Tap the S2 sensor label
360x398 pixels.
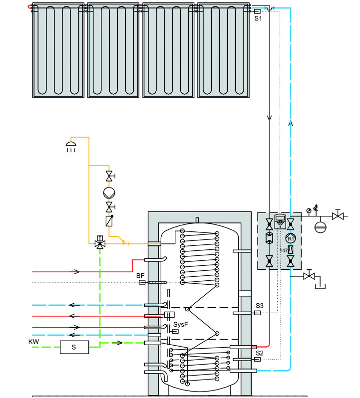tap(259, 352)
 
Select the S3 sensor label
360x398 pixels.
tap(259, 305)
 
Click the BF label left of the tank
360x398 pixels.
tap(140, 275)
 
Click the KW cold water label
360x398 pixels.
tap(33, 341)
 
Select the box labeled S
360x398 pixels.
tap(74, 347)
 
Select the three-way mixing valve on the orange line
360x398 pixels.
tap(99, 243)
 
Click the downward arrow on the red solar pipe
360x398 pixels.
tap(270, 119)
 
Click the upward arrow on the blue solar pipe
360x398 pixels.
tap(291, 124)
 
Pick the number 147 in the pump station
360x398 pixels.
tap(284, 250)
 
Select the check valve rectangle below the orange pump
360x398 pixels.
tap(109, 221)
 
